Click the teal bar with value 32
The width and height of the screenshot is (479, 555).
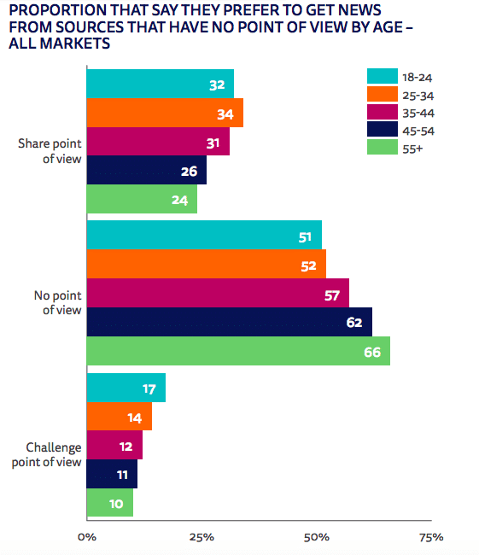click(x=161, y=84)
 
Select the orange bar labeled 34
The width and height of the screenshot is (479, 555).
click(x=165, y=113)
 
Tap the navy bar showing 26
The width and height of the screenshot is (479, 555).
click(x=147, y=170)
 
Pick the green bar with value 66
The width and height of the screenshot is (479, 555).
click(x=238, y=351)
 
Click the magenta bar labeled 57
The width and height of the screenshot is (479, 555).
click(x=218, y=293)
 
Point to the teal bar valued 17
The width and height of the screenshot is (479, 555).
click(x=126, y=388)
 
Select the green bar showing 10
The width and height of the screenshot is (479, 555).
click(x=110, y=502)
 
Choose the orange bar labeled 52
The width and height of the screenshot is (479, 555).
click(x=207, y=264)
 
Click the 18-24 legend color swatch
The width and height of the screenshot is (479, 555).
click(x=383, y=76)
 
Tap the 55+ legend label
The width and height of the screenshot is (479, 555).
click(x=412, y=149)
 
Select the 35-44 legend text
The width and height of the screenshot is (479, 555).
click(x=418, y=114)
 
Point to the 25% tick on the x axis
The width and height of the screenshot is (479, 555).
click(x=202, y=537)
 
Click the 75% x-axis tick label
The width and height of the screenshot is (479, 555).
click(x=431, y=537)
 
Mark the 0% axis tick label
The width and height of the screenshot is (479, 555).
click(x=87, y=537)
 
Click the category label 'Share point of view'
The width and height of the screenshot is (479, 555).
click(x=50, y=151)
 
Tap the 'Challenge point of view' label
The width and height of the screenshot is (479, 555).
click(x=47, y=454)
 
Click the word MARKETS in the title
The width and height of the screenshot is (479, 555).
click(x=75, y=44)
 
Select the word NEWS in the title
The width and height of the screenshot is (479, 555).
click(x=359, y=10)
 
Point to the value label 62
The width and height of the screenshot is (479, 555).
click(x=354, y=323)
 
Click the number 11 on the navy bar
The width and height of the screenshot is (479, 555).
click(x=122, y=475)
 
